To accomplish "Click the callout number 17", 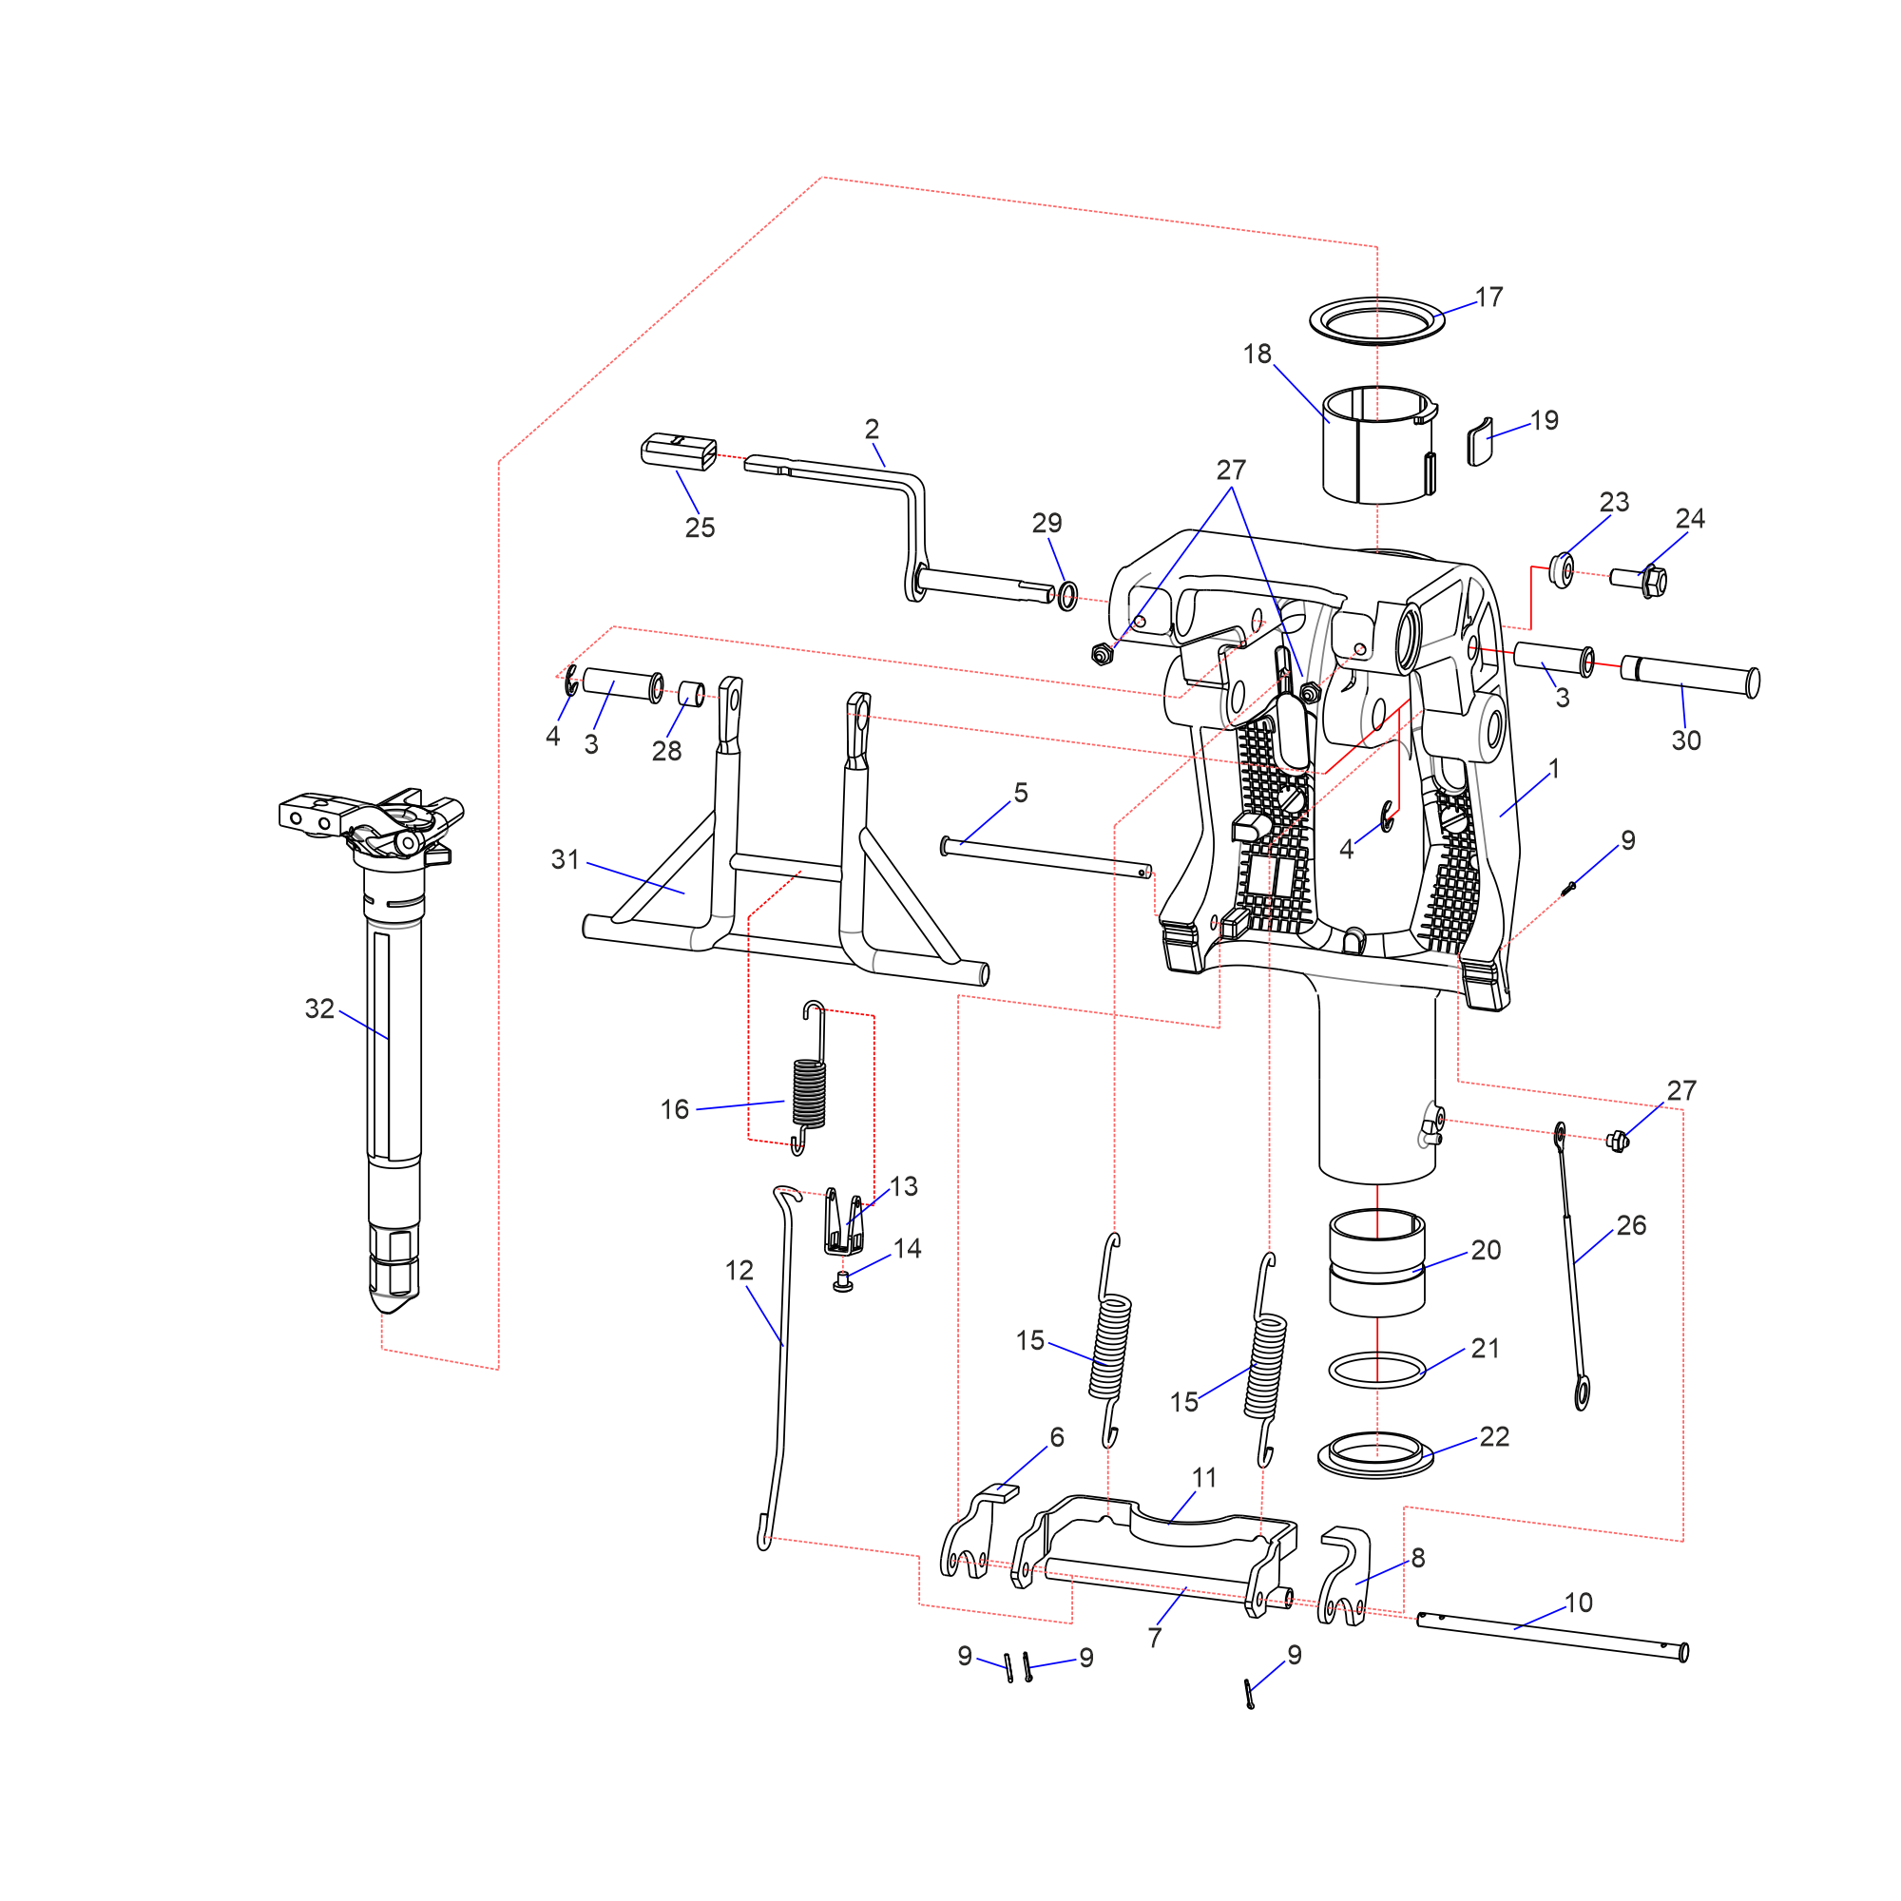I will [x=1488, y=298].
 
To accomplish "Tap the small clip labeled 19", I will [x=1480, y=442].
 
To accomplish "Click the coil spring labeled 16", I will [x=809, y=1091].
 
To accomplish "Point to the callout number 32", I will [x=319, y=1008].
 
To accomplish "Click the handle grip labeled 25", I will [x=679, y=451].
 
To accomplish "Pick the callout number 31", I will [x=565, y=860].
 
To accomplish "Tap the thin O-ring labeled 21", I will [x=1376, y=1370].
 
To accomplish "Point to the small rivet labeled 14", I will [x=842, y=1282].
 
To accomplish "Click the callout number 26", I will [x=1630, y=1226].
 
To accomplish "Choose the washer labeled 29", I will [x=1067, y=595].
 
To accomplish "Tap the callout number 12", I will [x=739, y=1271].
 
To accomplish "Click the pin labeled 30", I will [x=1688, y=676].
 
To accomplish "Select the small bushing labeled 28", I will [x=692, y=693].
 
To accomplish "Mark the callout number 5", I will [x=1020, y=793].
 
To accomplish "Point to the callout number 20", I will [x=1486, y=1251].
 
